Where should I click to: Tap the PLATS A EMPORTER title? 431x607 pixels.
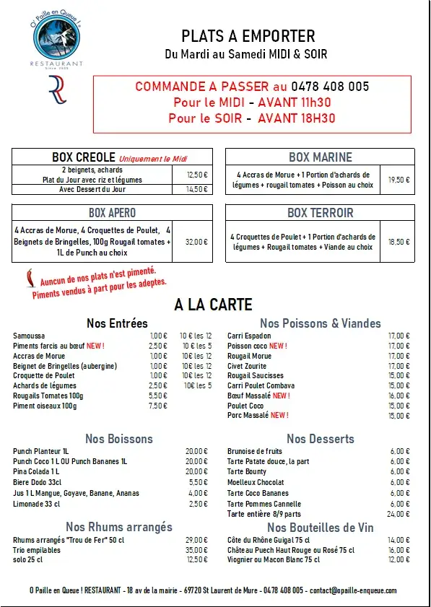coord(248,36)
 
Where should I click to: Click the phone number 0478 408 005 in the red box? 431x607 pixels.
coord(331,87)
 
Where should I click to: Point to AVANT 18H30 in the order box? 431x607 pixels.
coord(296,118)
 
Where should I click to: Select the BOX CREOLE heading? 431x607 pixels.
coord(83,157)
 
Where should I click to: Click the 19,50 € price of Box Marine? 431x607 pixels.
coord(399,180)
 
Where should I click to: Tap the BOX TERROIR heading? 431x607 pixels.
coord(320,213)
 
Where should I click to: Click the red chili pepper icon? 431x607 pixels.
coord(29,279)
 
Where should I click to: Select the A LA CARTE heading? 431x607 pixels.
coord(214,305)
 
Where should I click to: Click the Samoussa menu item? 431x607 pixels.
coord(29,336)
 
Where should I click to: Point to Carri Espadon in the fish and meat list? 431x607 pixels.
coord(249,336)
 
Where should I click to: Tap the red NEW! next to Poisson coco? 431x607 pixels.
coord(278,346)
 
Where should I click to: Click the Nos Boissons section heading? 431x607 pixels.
coord(119,439)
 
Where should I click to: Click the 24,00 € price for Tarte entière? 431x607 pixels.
coord(399,514)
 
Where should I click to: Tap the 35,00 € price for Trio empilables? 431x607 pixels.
coord(196,549)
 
